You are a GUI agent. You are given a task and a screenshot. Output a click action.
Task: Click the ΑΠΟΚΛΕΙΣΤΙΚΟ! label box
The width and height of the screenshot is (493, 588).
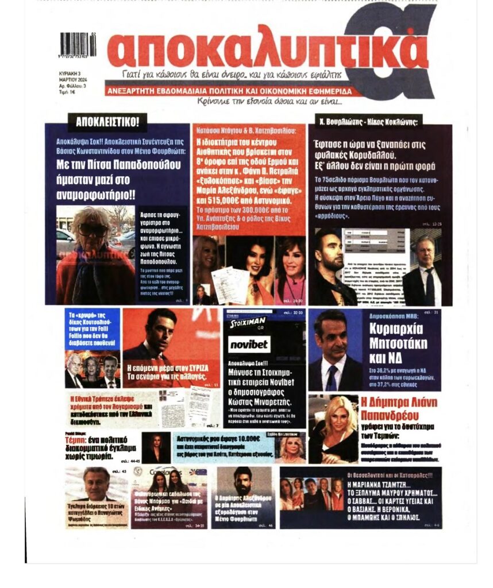[x=107, y=121]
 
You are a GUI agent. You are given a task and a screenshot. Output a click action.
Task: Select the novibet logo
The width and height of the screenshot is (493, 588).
[x=248, y=344]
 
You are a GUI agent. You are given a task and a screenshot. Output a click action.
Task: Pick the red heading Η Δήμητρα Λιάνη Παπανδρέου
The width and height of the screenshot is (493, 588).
[x=398, y=408]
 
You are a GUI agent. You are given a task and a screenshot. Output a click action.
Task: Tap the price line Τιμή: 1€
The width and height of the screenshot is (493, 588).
[x=67, y=92]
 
